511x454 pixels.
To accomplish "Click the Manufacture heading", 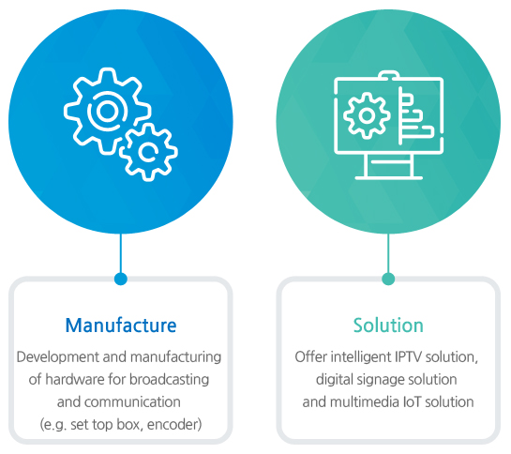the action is [x=121, y=325].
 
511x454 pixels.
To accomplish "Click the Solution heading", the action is [x=388, y=325].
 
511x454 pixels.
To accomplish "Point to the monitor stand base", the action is [x=389, y=177].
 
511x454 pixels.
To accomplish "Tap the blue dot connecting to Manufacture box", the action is [x=121, y=279].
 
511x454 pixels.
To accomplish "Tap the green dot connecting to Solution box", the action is [x=388, y=279].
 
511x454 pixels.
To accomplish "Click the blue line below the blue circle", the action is [x=121, y=252].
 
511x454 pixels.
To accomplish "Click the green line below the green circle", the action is [x=388, y=252].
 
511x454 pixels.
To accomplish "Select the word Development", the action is [x=58, y=357].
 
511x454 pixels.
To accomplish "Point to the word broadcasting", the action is [x=169, y=380].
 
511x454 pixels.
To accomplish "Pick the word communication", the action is [x=132, y=402].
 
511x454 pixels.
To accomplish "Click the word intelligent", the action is [x=360, y=357].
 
